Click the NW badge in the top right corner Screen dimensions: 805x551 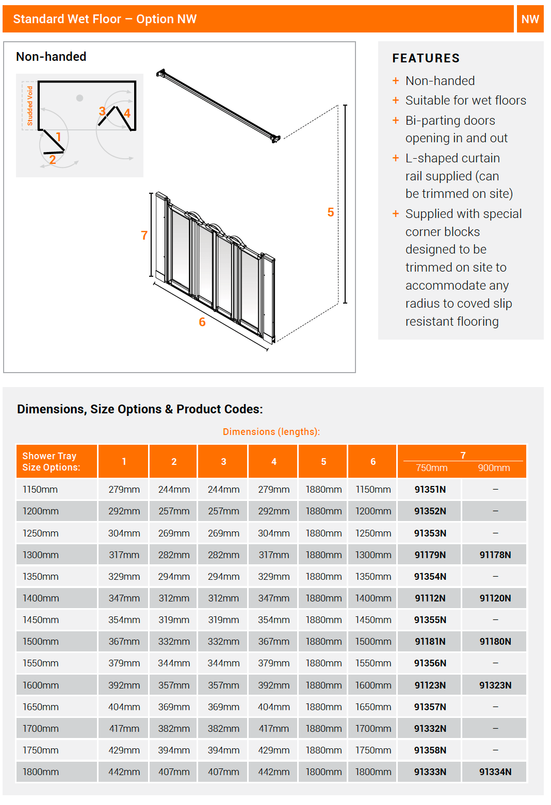click(x=530, y=19)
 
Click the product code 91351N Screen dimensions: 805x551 click(x=430, y=489)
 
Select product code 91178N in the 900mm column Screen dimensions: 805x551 click(x=495, y=555)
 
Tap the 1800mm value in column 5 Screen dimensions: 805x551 click(x=323, y=772)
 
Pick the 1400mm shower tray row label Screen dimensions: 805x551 click(x=41, y=598)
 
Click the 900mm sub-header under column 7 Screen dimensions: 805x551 click(x=494, y=468)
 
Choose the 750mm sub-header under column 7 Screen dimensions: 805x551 click(x=432, y=468)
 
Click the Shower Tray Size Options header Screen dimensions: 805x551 click(x=51, y=462)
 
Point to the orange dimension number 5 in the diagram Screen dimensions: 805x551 click(x=331, y=212)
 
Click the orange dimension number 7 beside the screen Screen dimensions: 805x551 click(x=144, y=236)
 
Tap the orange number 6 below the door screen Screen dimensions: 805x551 click(x=202, y=322)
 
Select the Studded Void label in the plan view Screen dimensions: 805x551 click(x=30, y=106)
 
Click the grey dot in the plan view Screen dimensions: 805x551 click(x=79, y=98)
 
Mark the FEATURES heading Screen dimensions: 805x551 click(x=426, y=58)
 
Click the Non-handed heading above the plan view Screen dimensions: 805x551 click(x=51, y=57)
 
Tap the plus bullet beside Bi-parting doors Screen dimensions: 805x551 click(x=396, y=121)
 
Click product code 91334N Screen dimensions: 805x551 click(x=495, y=772)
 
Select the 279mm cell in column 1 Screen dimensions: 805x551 click(x=124, y=489)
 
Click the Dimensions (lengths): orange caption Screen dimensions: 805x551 click(x=271, y=432)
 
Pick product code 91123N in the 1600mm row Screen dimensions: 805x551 click(x=430, y=685)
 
